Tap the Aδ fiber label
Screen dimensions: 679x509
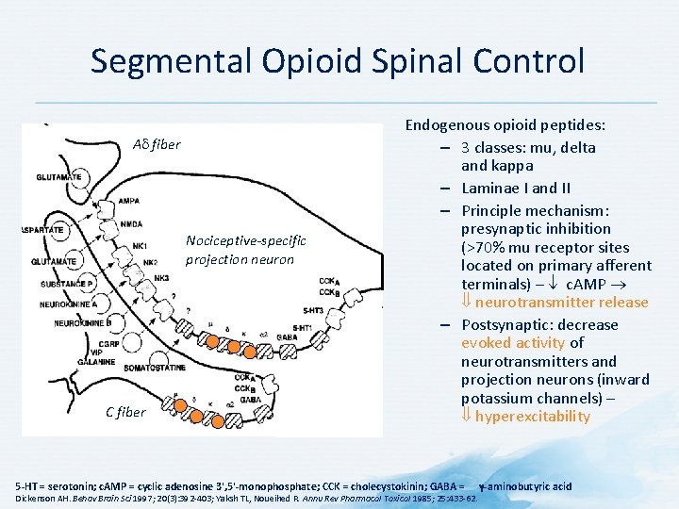[x=156, y=144]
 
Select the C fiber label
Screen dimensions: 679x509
[x=125, y=412]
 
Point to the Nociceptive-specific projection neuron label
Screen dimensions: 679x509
[x=240, y=250]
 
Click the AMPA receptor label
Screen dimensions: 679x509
[x=129, y=201]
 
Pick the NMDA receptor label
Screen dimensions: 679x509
[x=131, y=224]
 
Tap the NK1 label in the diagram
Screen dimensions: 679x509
[x=140, y=246]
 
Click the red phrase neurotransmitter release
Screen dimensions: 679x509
[x=562, y=303]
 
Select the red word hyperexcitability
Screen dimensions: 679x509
[x=533, y=417]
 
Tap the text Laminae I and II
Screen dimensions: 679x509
[x=516, y=188]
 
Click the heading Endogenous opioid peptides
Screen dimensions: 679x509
[x=505, y=125]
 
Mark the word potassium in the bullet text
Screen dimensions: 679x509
[x=499, y=398]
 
